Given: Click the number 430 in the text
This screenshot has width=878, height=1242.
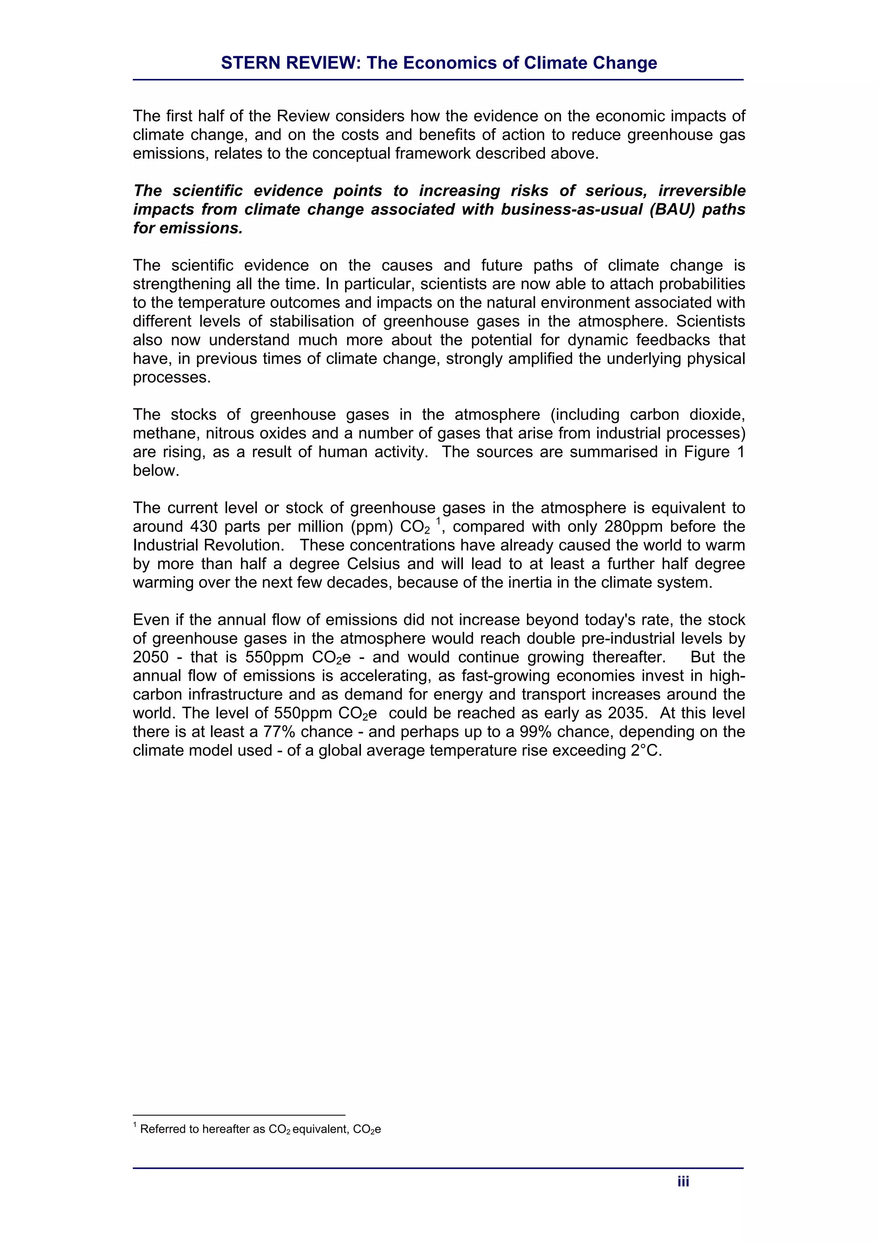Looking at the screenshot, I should click(x=202, y=526).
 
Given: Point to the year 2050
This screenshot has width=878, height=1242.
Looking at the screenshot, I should click(x=150, y=657).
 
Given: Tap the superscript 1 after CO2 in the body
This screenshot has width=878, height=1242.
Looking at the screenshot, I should click(x=438, y=522).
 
